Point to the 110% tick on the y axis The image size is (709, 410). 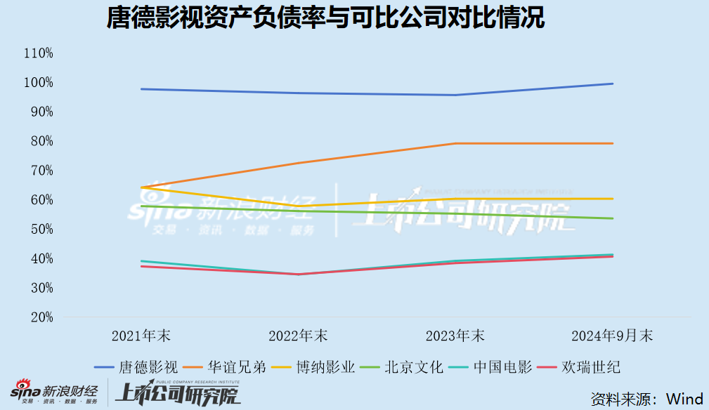(38, 53)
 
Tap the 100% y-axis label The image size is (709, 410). (38, 83)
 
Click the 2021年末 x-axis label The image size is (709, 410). (142, 336)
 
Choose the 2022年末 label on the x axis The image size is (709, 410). (299, 336)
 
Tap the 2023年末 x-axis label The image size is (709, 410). (455, 336)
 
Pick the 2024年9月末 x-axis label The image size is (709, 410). (612, 336)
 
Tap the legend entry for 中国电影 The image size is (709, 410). (502, 367)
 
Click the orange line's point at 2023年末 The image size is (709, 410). (455, 143)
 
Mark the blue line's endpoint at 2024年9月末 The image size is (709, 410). (613, 84)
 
